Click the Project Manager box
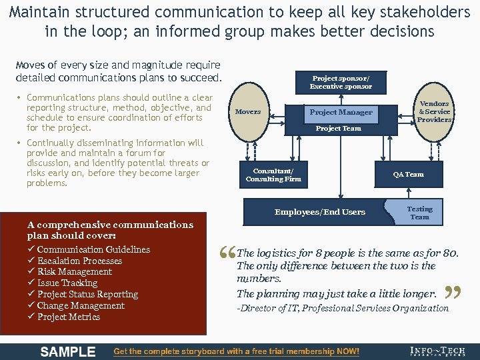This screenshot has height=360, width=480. point(341,112)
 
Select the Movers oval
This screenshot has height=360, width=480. point(248,112)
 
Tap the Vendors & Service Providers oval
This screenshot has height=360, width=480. point(433,112)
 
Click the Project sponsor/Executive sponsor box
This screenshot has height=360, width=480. point(341,81)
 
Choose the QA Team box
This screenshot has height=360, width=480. point(408,175)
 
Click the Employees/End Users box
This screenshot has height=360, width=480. point(320,212)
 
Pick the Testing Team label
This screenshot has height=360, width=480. point(419,213)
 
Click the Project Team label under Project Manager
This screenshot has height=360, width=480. point(338,129)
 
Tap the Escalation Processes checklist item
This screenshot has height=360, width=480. point(79,261)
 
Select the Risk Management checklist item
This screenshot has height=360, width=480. point(74,272)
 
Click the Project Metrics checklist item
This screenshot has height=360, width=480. point(69,317)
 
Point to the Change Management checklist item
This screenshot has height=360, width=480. point(81,305)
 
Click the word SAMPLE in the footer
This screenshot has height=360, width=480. point(68,351)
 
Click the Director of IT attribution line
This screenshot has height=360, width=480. point(343,308)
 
